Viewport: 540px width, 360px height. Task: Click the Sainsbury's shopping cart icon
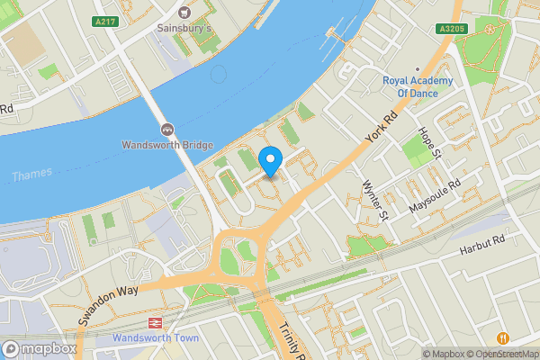pos(185,12)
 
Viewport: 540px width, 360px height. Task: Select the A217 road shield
pos(105,19)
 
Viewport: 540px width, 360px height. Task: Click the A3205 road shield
pos(452,29)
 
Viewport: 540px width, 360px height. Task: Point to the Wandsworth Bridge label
pos(167,146)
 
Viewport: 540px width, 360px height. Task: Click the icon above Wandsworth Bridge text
pos(166,129)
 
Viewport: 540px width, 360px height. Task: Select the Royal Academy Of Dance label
pos(421,85)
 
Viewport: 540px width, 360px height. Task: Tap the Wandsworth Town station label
pos(155,338)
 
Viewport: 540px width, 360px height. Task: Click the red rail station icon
pos(155,323)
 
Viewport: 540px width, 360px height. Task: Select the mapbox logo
pos(39,348)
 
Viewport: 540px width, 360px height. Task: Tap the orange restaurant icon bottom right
pos(502,337)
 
